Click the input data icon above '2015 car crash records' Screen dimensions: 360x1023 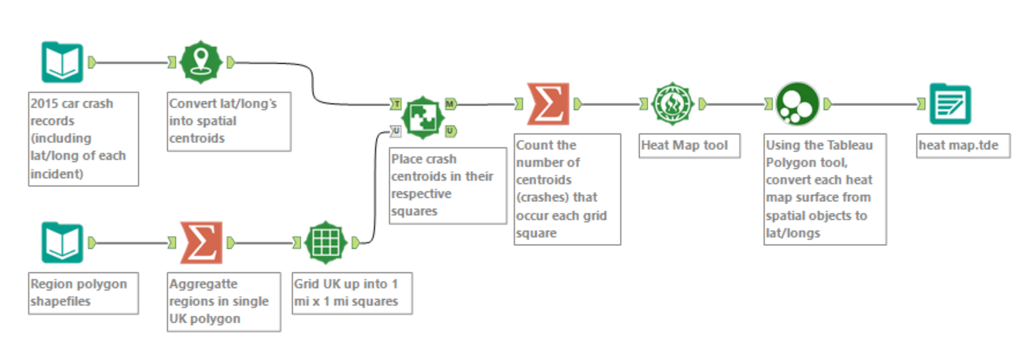(x=62, y=62)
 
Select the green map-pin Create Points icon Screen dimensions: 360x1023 (x=200, y=62)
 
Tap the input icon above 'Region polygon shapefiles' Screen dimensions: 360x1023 (x=62, y=243)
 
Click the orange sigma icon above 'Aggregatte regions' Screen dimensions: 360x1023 (x=200, y=243)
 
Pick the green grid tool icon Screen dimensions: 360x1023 (x=326, y=243)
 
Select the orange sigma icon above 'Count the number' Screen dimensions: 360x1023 (x=548, y=104)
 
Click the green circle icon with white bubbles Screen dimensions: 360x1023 (x=796, y=104)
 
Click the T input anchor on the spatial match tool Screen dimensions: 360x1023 (x=395, y=103)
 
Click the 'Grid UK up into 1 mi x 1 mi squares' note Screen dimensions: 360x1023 (x=352, y=291)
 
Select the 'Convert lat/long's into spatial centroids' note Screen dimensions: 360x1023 (x=229, y=121)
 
